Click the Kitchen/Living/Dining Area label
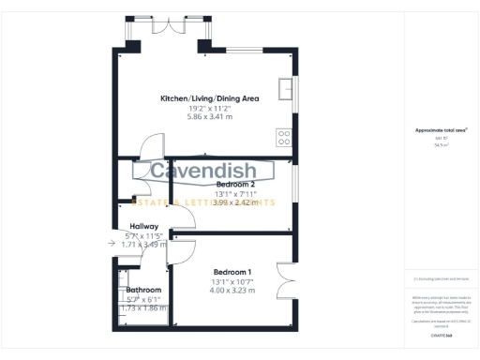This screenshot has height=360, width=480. pyautogui.click(x=210, y=97)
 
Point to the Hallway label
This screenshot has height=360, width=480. pyautogui.click(x=143, y=226)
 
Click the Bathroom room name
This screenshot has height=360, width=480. pyautogui.click(x=144, y=291)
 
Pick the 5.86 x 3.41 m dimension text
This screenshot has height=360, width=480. pyautogui.click(x=210, y=116)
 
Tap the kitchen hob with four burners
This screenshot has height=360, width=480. pyautogui.click(x=284, y=138)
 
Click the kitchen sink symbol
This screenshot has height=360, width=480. pyautogui.click(x=291, y=89)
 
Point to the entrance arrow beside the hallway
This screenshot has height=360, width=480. pyautogui.click(x=112, y=243)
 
